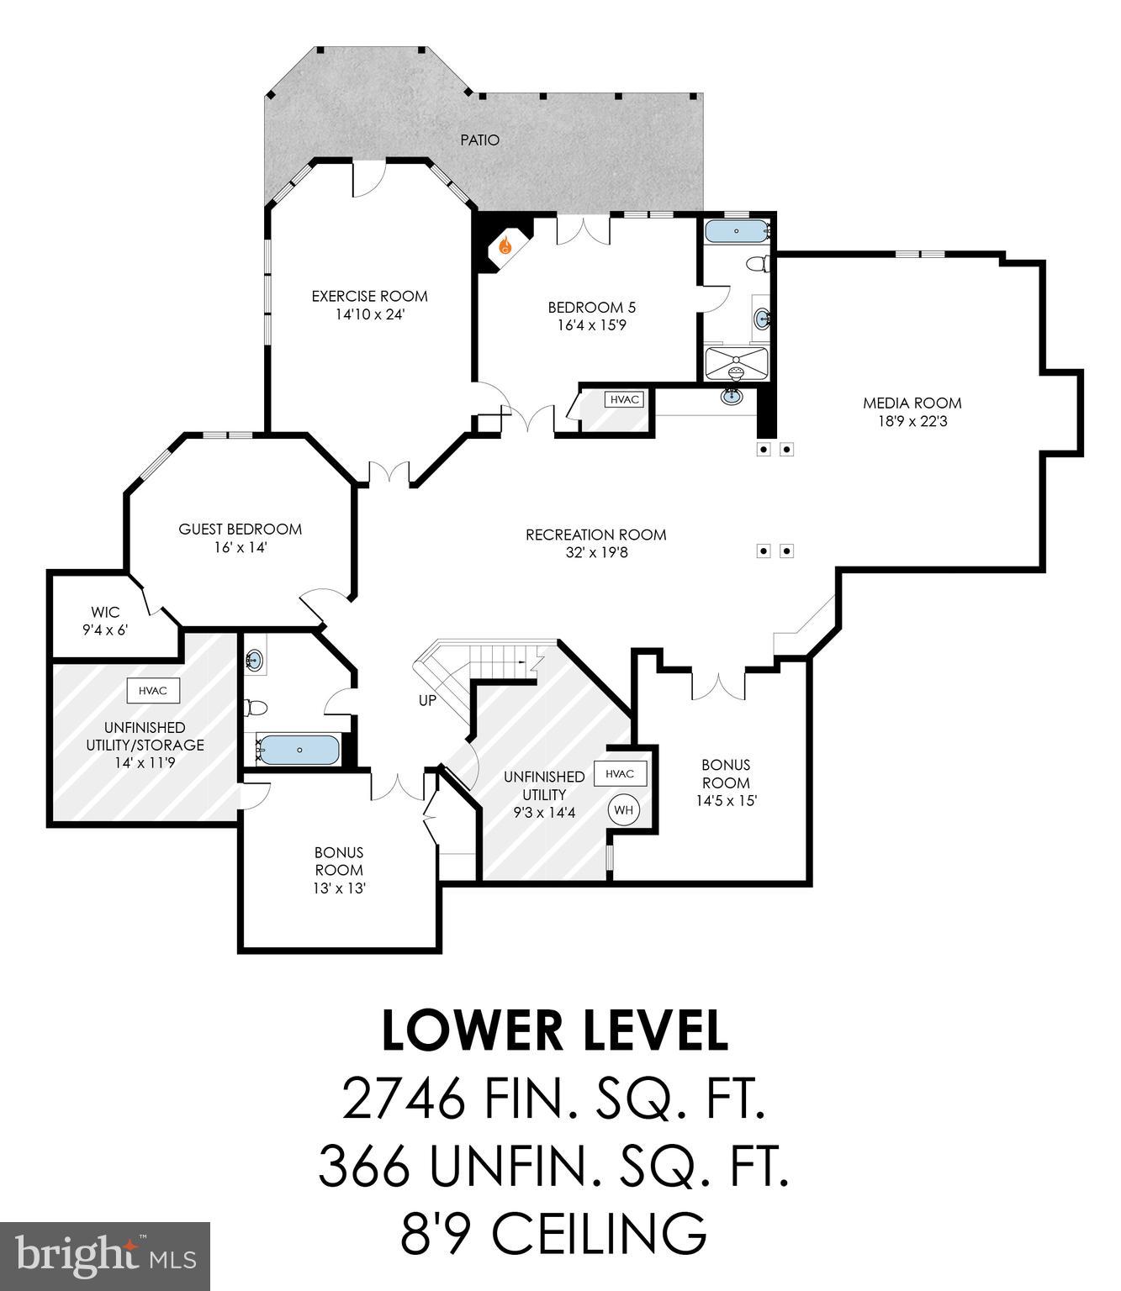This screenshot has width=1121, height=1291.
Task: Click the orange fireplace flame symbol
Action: click(x=505, y=246)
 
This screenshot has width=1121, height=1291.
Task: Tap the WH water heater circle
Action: click(x=623, y=810)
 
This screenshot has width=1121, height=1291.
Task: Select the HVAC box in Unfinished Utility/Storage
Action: click(x=153, y=691)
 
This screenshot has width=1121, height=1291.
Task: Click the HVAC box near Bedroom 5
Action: click(x=624, y=400)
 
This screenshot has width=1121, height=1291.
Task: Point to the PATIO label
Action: click(x=479, y=140)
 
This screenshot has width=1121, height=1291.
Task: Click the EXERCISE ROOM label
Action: click(x=369, y=296)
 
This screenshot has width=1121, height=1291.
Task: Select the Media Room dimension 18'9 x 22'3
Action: click(x=912, y=421)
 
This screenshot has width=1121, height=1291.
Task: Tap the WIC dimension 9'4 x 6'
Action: click(x=105, y=630)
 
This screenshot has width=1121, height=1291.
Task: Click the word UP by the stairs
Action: click(x=427, y=700)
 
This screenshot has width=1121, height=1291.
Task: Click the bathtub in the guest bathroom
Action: click(x=299, y=750)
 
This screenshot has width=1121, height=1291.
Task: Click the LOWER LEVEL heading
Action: click(x=554, y=1031)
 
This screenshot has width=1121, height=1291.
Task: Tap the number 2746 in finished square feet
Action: click(x=403, y=1099)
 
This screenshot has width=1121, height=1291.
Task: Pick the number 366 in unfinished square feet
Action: click(x=363, y=1167)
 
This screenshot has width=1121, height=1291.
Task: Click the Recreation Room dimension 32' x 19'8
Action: click(x=595, y=552)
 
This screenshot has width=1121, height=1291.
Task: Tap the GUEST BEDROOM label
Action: click(x=240, y=529)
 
